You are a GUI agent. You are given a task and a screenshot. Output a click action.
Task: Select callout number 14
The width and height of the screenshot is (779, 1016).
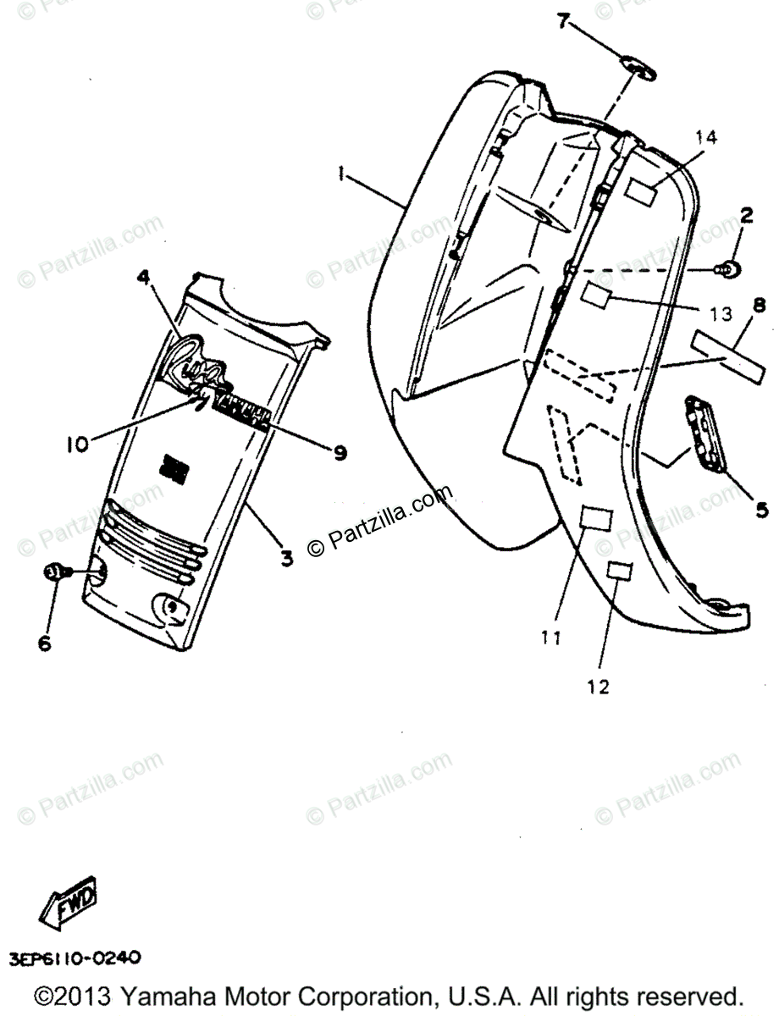point(706,137)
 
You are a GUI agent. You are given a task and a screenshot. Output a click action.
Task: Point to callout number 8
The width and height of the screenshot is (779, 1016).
point(758,306)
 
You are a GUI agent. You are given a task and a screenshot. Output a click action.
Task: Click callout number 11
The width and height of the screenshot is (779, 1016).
point(551,638)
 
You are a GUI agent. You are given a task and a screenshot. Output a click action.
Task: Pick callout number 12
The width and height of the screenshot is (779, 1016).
point(598,687)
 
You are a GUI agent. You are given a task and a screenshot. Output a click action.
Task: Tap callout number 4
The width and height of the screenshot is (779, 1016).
point(144,277)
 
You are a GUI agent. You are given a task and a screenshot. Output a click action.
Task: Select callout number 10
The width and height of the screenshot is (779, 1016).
point(78,444)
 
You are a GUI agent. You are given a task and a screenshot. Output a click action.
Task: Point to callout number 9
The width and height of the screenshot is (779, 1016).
point(340,454)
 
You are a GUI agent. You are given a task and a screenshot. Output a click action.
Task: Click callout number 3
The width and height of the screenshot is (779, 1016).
point(287,558)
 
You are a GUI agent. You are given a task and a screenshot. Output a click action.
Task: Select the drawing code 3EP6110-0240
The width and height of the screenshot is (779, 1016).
point(75,958)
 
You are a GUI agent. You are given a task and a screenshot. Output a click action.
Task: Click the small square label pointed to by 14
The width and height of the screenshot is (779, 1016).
point(642,190)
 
